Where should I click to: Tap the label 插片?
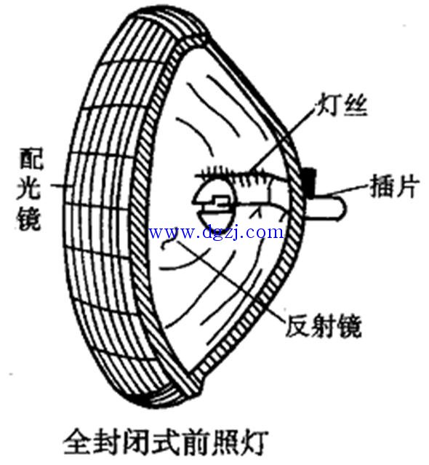coord(395,186)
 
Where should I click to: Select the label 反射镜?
coord(324,327)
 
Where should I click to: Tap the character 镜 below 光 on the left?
coord(28,218)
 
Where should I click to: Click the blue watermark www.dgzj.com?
coord(216,232)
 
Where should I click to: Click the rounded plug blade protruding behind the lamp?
coord(326,207)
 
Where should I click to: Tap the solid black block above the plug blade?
coord(309,181)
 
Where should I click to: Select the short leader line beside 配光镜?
coord(61,186)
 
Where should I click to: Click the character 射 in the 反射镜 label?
coord(324,327)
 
